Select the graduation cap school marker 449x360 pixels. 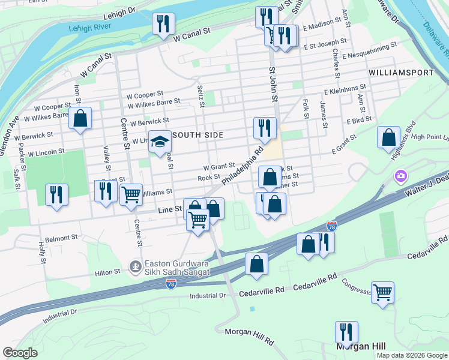click(x=159, y=142)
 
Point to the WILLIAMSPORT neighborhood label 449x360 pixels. click(x=401, y=73)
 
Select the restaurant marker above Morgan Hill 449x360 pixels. click(x=346, y=332)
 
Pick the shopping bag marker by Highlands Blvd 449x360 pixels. click(x=389, y=136)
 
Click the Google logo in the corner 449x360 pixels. click(x=20, y=353)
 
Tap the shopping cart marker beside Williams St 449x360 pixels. click(x=131, y=194)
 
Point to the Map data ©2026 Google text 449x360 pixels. click(x=412, y=355)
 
